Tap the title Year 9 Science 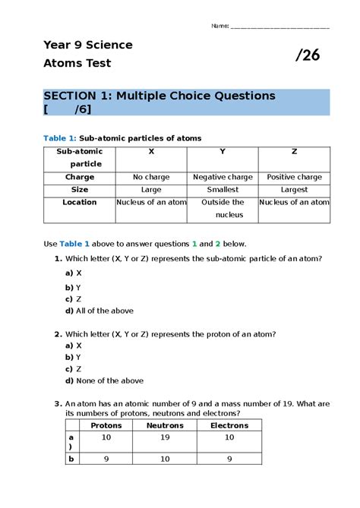click(88, 45)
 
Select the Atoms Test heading click(77, 64)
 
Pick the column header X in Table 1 click(151, 152)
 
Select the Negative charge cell click(223, 177)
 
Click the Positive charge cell click(295, 177)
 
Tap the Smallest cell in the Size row click(223, 190)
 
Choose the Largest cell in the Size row click(295, 190)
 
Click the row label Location click(80, 202)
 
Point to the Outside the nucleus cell click(223, 208)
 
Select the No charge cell click(151, 177)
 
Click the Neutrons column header click(165, 426)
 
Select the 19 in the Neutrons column click(165, 438)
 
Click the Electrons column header click(229, 426)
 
